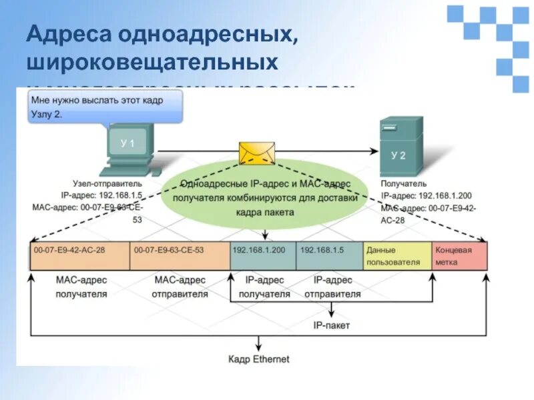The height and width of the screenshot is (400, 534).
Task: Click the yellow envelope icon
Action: (x=257, y=152)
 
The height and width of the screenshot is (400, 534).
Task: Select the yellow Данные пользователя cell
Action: (x=397, y=255)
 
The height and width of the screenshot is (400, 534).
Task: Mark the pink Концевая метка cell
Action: (x=459, y=255)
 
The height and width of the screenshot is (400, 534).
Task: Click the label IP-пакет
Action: (x=332, y=325)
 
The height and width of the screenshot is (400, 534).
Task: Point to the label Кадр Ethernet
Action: (x=259, y=359)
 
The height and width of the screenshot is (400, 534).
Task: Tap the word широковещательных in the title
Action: (x=152, y=64)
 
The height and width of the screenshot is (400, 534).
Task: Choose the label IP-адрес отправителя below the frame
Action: (x=332, y=287)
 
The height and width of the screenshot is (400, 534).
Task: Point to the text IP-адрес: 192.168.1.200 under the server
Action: (x=427, y=196)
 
